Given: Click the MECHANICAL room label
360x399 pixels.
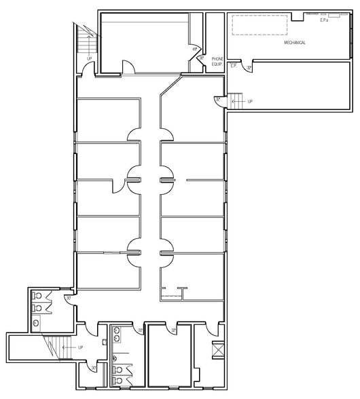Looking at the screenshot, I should pos(295,43).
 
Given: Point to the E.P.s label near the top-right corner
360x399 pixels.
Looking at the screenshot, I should pos(325,20).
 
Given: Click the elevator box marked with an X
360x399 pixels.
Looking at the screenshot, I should pos(217,350).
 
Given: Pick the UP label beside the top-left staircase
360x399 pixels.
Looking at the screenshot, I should pos(90,58).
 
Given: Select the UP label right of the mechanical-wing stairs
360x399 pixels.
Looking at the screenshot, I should pos(250,102).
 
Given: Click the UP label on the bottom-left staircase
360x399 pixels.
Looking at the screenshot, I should pos(81,347).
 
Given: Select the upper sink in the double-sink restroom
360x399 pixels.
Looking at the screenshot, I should pos(119,332).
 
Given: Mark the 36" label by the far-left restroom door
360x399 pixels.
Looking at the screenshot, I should pos(68,299).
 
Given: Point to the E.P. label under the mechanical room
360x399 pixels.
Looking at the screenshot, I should pos(233,65).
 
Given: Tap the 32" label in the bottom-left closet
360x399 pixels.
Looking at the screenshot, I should pos(94,368).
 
